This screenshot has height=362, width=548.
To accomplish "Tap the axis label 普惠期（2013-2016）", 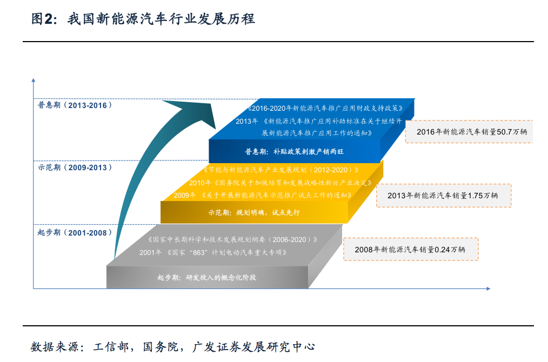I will [x=75, y=105].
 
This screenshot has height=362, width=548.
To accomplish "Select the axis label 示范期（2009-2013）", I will [x=75, y=167].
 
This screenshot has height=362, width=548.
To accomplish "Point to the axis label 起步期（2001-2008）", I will [x=75, y=233].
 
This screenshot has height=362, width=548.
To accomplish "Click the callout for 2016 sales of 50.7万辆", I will [x=469, y=131].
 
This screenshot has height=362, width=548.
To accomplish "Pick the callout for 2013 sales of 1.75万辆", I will [x=443, y=195].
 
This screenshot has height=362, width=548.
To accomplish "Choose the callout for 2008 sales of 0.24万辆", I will [x=410, y=249].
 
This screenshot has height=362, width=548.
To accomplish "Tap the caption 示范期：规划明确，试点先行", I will [x=253, y=213].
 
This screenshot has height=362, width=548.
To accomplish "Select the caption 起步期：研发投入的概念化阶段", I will [x=206, y=277].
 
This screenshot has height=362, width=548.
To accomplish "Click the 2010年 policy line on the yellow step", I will [x=279, y=183].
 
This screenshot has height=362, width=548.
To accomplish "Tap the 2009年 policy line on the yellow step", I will [x=263, y=195].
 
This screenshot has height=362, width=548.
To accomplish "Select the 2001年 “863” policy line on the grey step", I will [x=212, y=252].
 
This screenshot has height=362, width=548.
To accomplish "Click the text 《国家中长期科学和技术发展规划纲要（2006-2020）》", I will [x=232, y=239].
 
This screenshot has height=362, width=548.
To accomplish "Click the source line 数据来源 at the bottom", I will [x=172, y=346].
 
